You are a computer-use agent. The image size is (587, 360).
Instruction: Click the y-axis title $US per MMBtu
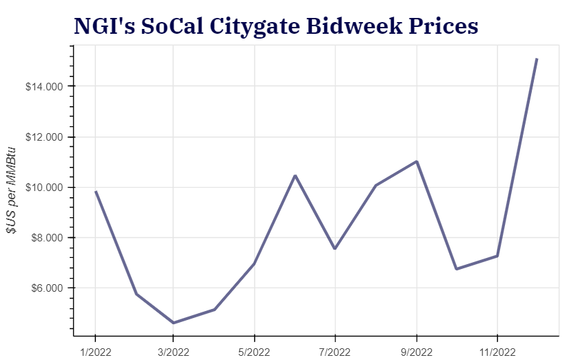[x=11, y=190]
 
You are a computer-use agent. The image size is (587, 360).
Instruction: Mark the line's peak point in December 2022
[x=537, y=59]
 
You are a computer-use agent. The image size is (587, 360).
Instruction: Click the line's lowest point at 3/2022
[x=173, y=323]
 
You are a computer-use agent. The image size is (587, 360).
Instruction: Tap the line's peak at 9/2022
[x=417, y=161]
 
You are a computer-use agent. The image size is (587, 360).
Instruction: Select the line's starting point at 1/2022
[x=95, y=191]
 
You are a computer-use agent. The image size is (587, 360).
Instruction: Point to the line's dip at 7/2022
[x=335, y=248]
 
